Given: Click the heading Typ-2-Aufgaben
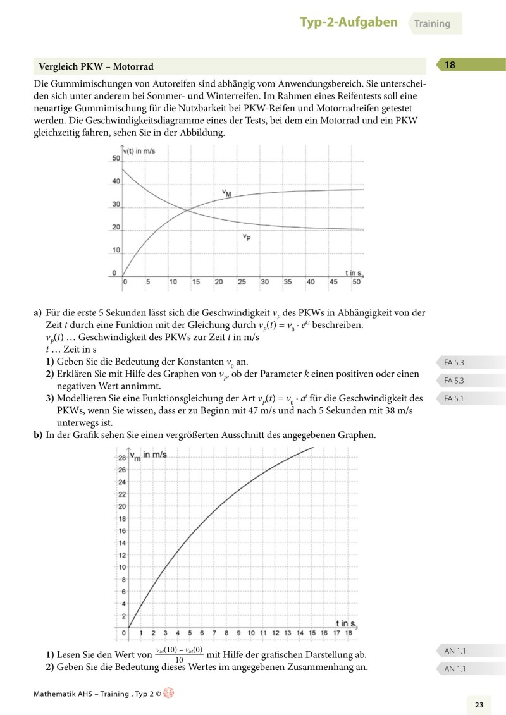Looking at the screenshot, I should tap(349, 23).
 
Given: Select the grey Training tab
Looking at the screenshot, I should tap(432, 24).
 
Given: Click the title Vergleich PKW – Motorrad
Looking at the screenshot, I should tap(96, 66).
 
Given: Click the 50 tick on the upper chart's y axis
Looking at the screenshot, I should tap(116, 158).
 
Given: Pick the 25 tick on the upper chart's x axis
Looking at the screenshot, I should tap(242, 282).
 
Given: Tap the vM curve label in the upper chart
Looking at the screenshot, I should tap(226, 193).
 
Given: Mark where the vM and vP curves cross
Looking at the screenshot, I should tap(186, 211).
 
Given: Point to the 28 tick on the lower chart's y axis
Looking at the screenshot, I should tap(121, 457).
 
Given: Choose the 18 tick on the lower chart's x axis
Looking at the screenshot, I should tap(348, 633).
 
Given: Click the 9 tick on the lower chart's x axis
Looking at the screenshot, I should tap(238, 633).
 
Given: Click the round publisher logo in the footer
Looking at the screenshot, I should tap(168, 693).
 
